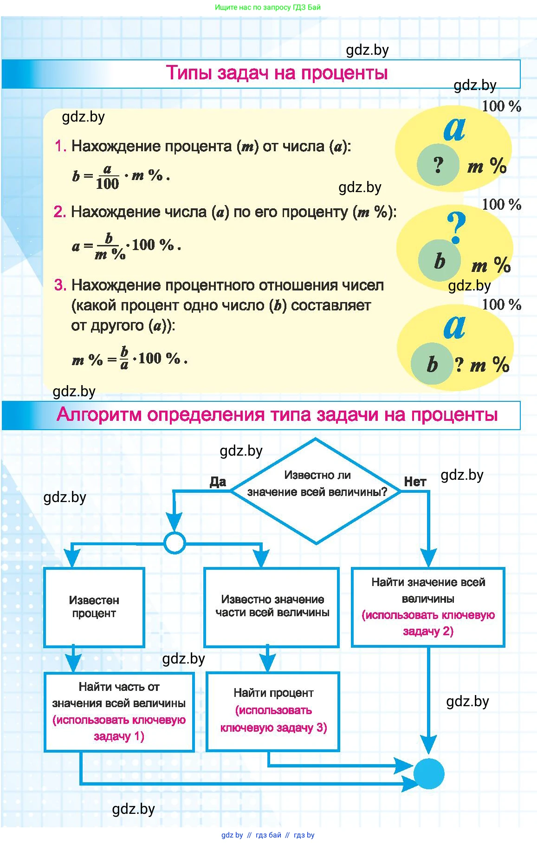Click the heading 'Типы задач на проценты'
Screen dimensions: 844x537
point(277,73)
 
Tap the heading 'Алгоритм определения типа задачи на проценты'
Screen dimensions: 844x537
point(277,414)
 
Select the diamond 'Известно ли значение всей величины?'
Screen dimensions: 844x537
point(316,490)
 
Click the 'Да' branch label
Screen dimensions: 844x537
point(218,482)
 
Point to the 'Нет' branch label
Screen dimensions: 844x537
point(414,482)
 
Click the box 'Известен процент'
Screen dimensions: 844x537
point(94,607)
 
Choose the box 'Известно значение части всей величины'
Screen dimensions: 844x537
point(272,607)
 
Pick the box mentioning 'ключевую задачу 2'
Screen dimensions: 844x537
point(428,607)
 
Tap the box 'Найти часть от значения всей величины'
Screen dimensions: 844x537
point(119,711)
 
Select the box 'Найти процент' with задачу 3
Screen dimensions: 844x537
point(273,711)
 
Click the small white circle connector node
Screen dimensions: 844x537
point(175,542)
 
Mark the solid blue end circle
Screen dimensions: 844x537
point(428,773)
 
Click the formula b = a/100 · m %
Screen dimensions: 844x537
point(121,177)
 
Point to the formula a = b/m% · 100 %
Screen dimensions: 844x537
point(126,246)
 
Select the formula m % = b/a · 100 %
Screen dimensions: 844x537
point(129,359)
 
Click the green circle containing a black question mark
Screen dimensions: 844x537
point(438,165)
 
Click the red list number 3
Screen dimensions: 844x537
point(60,285)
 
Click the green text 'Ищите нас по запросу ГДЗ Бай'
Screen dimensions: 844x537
point(268,7)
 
